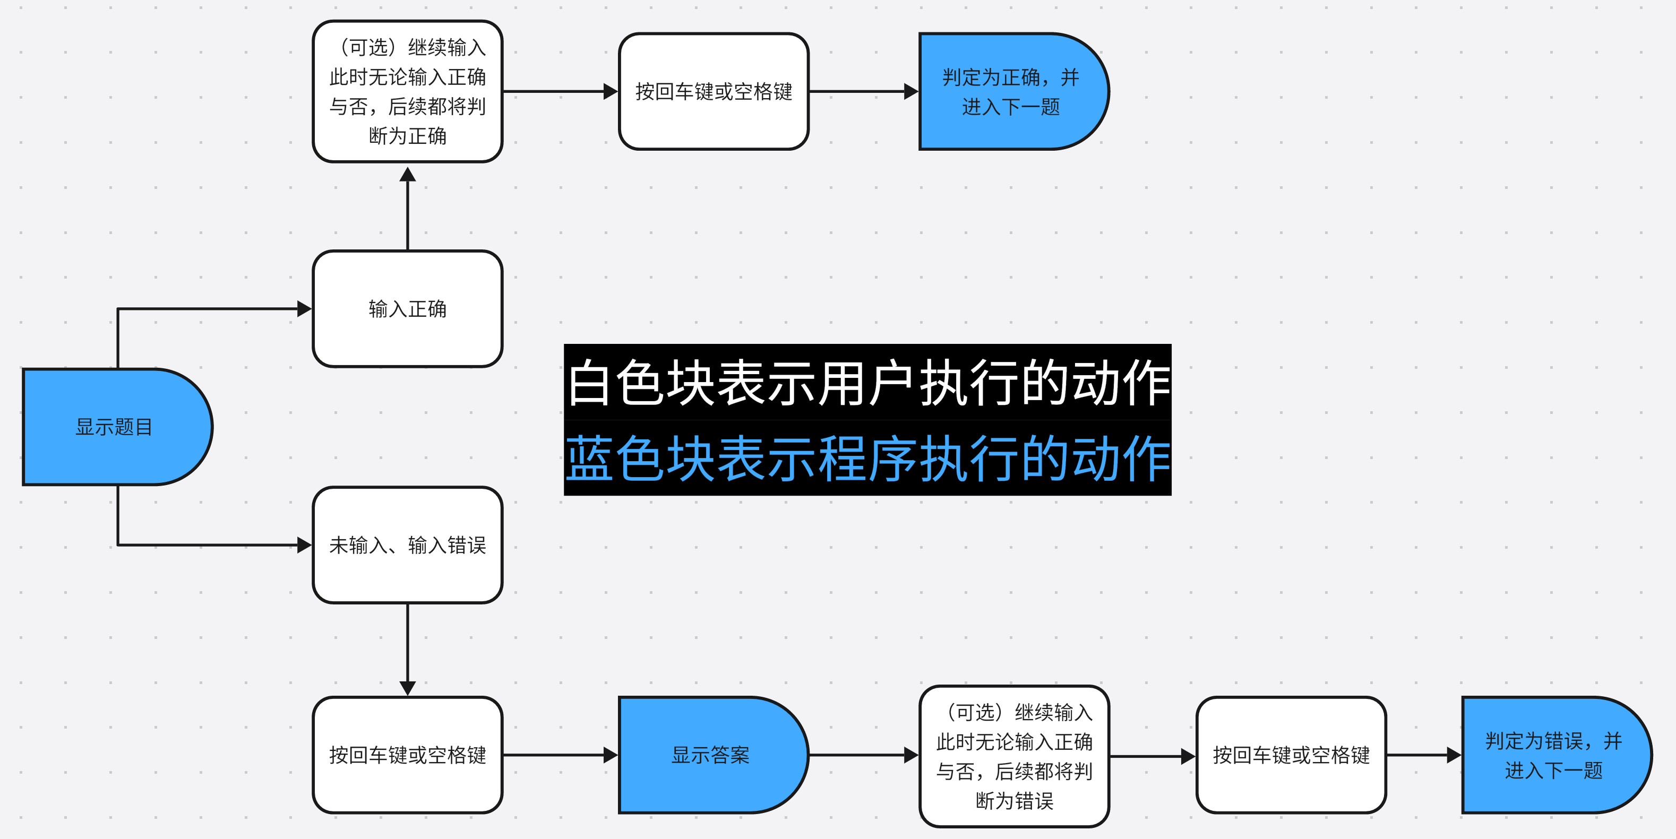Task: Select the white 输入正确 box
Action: point(407,309)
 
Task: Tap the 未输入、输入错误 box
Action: point(407,545)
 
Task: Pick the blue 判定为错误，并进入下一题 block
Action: point(1554,755)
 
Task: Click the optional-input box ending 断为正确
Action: point(407,92)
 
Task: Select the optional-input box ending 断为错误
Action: point(1013,756)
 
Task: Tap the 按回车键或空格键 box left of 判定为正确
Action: point(713,92)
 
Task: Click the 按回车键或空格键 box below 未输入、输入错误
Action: point(407,755)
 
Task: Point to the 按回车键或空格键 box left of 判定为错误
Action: point(1291,755)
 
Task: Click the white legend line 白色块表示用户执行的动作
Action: point(867,383)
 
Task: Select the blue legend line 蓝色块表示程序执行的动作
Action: point(867,459)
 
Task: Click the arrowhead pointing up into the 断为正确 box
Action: point(407,174)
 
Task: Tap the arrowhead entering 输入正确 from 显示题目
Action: point(304,309)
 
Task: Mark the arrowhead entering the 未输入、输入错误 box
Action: point(304,545)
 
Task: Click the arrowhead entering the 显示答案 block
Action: point(611,755)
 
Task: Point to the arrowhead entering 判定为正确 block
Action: point(911,92)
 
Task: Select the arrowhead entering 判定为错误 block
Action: point(1454,755)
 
